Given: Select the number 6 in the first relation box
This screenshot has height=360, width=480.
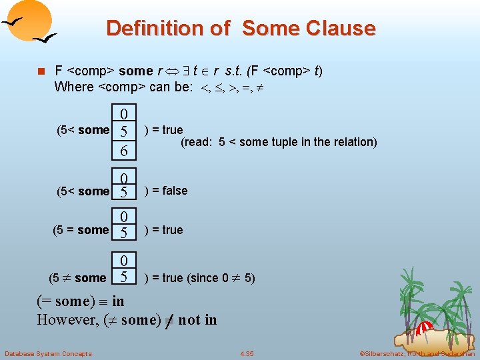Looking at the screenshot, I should click(124, 151).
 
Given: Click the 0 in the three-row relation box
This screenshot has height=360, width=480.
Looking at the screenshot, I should click(124, 113).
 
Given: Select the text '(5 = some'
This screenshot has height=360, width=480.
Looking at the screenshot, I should click(80, 230).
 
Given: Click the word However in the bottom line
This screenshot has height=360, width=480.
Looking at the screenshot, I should click(67, 319).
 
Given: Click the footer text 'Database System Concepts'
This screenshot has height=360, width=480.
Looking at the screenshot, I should click(48, 353).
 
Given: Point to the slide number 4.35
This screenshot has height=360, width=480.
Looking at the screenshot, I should click(247, 353).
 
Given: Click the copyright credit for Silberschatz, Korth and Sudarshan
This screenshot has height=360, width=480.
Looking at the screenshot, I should click(416, 353).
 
